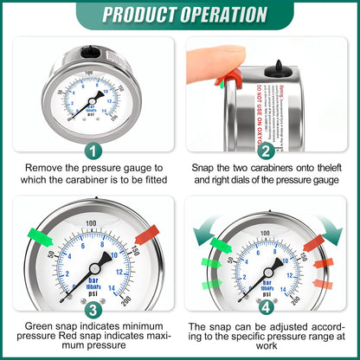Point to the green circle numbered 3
pyautogui.click(x=93, y=309)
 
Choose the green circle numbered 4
pyautogui.click(x=267, y=309)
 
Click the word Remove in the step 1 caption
pyautogui.click(x=46, y=166)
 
